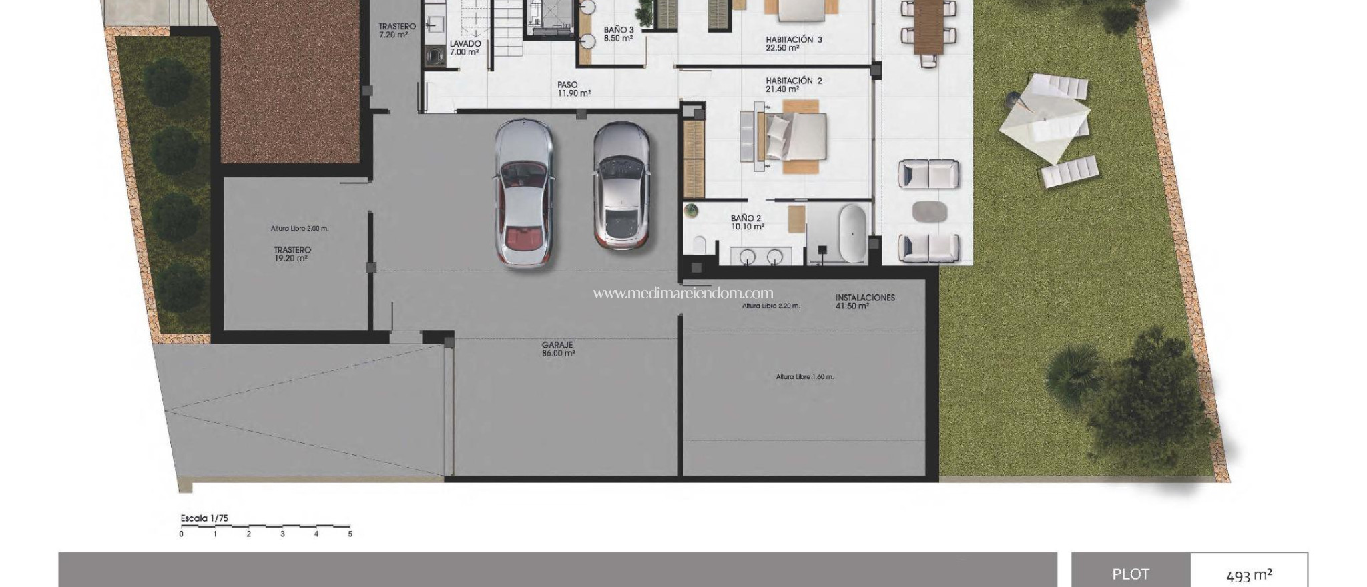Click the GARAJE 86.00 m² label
click(558, 349)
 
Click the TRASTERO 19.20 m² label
click(292, 254)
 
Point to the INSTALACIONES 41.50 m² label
click(864, 302)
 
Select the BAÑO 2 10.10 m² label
click(746, 223)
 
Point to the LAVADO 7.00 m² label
click(465, 47)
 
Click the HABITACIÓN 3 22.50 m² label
click(793, 43)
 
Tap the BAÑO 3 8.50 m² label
click(618, 34)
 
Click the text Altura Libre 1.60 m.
click(804, 377)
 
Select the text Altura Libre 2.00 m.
click(299, 229)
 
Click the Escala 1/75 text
click(204, 518)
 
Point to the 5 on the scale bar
click(350, 534)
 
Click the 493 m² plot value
click(1248, 575)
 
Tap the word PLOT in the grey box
click(1130, 574)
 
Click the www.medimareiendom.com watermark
click(683, 293)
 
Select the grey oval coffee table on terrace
click(928, 211)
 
